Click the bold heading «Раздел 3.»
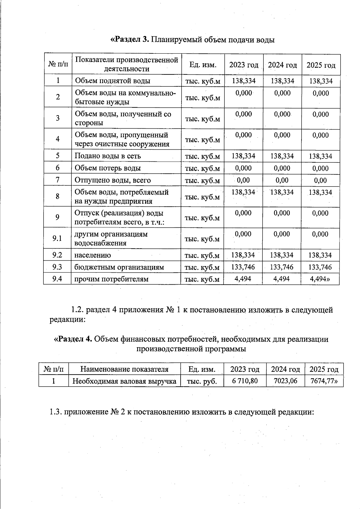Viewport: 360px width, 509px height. tap(130, 40)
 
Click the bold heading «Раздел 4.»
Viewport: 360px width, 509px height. tap(73, 339)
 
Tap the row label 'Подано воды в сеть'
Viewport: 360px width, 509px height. tap(107, 156)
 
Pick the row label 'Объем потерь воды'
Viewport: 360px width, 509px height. tap(107, 168)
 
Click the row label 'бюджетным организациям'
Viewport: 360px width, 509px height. tap(119, 267)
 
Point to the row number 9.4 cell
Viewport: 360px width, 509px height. tap(57, 279)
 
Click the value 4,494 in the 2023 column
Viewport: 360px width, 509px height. tap(243, 279)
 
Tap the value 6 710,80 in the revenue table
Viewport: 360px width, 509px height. tap(245, 381)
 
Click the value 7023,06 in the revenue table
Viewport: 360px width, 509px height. tap(285, 381)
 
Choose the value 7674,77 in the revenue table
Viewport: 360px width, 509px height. tap(324, 381)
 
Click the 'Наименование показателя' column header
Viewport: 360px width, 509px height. tap(124, 369)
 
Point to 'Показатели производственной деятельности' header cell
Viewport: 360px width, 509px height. tap(127, 64)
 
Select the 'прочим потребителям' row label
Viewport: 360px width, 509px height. tap(111, 279)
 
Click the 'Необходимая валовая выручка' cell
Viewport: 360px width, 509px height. tap(124, 381)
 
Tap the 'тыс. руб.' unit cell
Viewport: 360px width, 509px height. tap(202, 381)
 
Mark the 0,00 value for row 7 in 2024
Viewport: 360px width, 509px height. tap(282, 180)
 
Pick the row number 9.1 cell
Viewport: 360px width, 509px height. tap(57, 238)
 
